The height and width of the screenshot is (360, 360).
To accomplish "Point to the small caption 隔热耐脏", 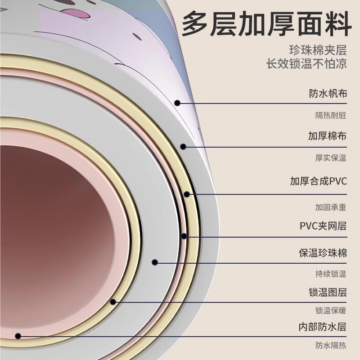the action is pos(330,115).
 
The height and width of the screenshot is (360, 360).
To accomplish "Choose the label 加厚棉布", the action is pos(328,136).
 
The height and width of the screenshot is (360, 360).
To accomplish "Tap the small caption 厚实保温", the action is pos(330,158).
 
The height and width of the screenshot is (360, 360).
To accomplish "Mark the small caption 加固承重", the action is pos(330,207).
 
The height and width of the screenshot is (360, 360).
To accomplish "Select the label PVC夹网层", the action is pos(323,225).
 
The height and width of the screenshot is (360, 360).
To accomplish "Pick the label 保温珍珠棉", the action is pos(323,252).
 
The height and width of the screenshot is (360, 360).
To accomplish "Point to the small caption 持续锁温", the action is pos(330,274).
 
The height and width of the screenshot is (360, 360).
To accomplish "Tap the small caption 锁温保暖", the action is pos(330,310).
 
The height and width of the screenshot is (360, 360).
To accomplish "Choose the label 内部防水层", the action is pos(323,327).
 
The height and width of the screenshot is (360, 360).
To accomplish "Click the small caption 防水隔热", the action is pos(330,346).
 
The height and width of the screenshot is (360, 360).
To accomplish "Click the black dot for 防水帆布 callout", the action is pos(178,103).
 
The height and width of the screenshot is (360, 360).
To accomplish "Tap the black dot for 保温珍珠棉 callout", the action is pos(154,262).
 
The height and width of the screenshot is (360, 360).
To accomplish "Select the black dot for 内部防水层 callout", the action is pos(18,335).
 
